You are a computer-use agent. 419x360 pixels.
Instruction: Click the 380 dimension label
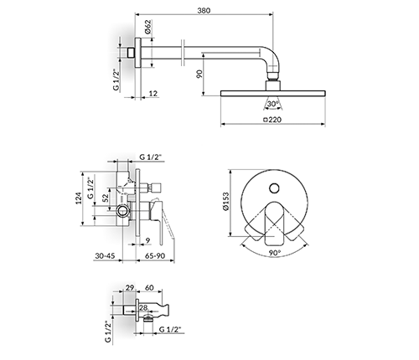[204, 10]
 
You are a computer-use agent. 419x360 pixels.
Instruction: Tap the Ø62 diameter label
[148, 27]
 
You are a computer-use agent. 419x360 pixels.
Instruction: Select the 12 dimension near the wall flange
[153, 93]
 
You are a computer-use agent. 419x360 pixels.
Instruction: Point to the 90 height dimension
[199, 75]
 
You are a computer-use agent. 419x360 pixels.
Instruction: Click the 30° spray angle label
[273, 104]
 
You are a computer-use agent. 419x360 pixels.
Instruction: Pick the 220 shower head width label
[272, 120]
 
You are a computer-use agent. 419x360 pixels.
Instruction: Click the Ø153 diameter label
[225, 201]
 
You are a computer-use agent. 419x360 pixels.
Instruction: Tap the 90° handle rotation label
[275, 253]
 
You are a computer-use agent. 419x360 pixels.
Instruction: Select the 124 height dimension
[79, 198]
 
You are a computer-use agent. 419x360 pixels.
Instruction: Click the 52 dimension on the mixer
[105, 198]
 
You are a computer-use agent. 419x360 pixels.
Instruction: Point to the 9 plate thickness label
[148, 240]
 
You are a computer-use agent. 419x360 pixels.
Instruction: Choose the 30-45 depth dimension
[105, 255]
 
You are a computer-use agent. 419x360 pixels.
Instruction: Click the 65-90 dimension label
[156, 255]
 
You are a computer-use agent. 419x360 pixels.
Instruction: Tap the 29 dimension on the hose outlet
[130, 287]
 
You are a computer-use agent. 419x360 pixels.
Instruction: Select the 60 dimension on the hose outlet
[150, 287]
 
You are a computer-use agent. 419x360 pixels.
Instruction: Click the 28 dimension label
[143, 307]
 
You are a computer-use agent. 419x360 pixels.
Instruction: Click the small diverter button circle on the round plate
[275, 188]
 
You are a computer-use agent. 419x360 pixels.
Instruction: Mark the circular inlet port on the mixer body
[123, 210]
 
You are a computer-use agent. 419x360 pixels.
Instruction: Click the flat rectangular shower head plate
[273, 93]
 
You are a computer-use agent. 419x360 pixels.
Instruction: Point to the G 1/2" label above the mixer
[151, 157]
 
